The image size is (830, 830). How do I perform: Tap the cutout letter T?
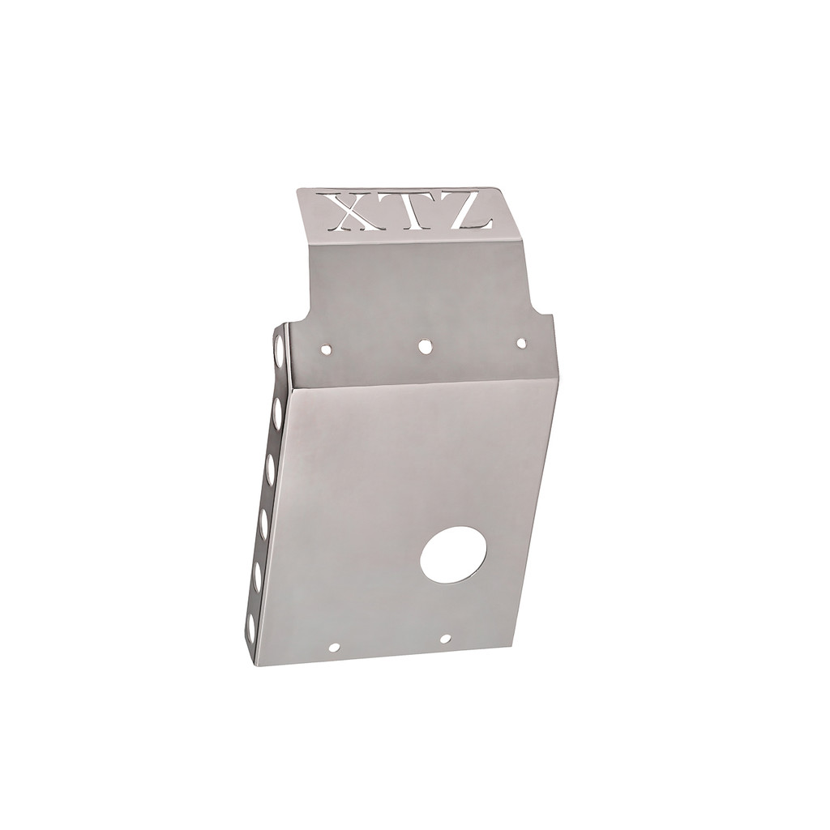tap(402, 212)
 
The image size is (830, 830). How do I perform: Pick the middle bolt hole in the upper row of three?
tap(425, 346)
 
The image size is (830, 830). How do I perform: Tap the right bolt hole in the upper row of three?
tap(521, 344)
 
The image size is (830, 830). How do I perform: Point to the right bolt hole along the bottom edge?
tap(445, 639)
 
